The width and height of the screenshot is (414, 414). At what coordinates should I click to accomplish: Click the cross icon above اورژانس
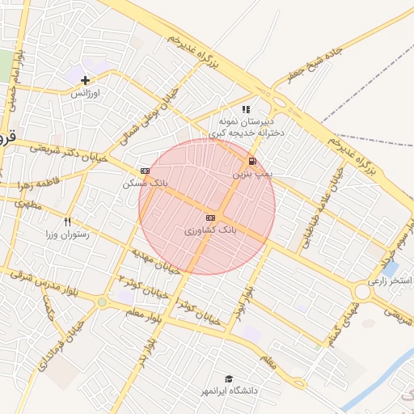85,79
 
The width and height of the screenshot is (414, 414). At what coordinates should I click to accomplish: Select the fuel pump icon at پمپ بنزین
252,161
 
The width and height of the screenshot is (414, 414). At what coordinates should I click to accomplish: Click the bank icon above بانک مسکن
145,171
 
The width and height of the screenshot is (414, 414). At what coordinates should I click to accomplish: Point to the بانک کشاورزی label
211,230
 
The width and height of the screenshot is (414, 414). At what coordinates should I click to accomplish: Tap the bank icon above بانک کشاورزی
211,218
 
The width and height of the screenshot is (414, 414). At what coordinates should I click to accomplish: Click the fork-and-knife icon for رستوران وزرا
68,222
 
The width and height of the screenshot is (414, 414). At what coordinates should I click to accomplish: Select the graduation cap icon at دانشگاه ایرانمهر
229,378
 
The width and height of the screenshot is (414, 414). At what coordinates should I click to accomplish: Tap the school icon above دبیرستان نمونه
247,108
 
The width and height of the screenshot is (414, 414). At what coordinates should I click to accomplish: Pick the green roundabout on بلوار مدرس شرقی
102,302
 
